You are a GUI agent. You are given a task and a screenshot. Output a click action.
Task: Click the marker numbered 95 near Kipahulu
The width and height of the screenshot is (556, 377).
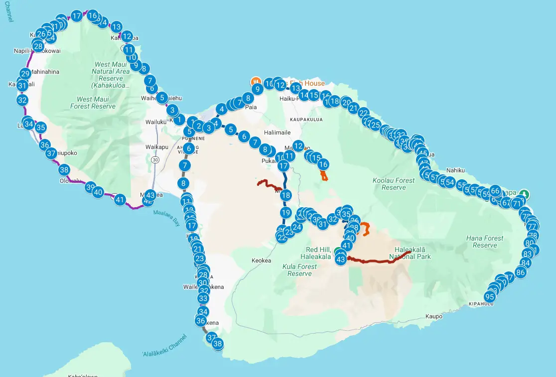(489, 297)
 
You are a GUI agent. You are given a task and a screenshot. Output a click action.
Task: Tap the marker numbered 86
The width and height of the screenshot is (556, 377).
(521, 272)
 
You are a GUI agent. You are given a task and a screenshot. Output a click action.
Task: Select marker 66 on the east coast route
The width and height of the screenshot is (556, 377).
(495, 190)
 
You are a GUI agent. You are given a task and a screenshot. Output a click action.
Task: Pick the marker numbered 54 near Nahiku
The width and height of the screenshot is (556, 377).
(449, 182)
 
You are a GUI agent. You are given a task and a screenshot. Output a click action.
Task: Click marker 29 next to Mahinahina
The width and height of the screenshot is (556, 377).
(25, 74)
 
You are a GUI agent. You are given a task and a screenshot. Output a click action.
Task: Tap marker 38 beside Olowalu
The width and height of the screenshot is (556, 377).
(64, 169)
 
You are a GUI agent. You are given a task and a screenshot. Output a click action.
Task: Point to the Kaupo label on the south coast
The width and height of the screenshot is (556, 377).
(434, 316)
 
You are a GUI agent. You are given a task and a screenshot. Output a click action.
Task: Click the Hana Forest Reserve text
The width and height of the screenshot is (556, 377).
(484, 242)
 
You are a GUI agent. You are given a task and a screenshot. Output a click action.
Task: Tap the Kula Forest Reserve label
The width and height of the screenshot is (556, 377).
(299, 270)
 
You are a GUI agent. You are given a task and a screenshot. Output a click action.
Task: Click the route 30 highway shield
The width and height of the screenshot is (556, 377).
(156, 159)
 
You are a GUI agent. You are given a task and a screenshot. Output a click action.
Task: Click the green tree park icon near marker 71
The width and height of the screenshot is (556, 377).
(523, 194)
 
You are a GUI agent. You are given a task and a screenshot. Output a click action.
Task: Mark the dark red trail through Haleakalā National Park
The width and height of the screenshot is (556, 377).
(379, 260)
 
